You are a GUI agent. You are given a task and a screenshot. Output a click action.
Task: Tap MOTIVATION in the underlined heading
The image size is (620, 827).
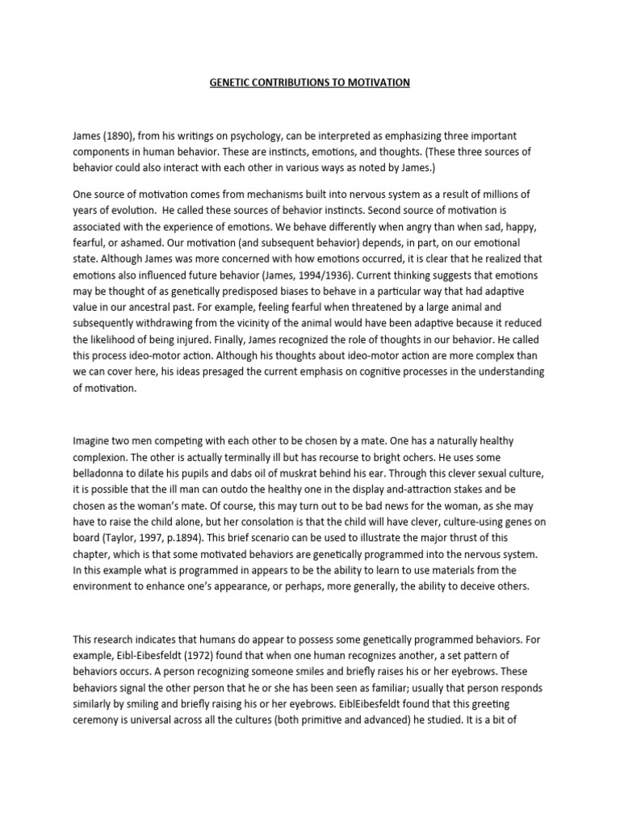coord(379,82)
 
